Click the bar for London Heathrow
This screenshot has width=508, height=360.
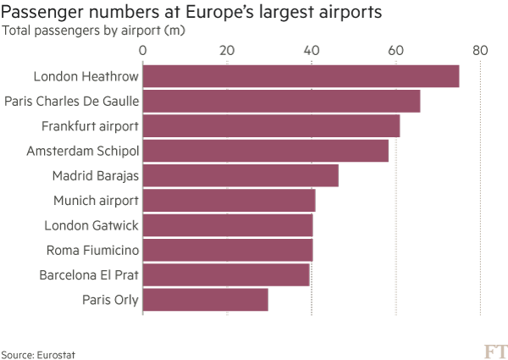click(x=301, y=76)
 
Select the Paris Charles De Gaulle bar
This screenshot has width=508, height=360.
click(x=281, y=102)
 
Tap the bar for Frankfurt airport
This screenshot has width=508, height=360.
click(x=271, y=126)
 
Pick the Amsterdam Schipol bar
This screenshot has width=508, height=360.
click(x=265, y=151)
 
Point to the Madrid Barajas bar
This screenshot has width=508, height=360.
click(x=240, y=176)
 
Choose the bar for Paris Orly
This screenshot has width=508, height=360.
click(x=205, y=300)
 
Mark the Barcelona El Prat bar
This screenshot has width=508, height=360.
click(x=226, y=275)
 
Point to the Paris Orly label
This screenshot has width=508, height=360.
click(x=111, y=300)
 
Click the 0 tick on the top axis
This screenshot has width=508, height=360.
click(x=143, y=51)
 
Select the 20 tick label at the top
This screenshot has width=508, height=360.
click(x=227, y=51)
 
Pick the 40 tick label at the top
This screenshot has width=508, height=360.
click(x=312, y=51)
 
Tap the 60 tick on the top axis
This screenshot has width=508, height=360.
click(x=395, y=51)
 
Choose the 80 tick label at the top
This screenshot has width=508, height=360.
click(x=480, y=51)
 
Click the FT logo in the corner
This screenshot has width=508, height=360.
click(x=493, y=351)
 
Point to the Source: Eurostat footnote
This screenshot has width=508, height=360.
click(x=32, y=353)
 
